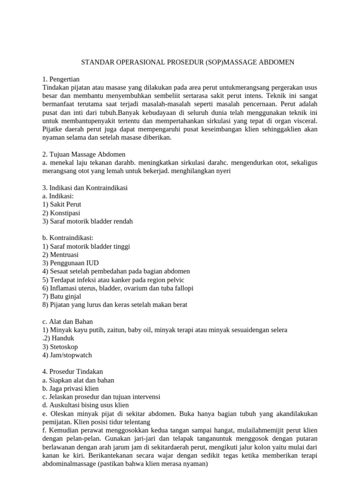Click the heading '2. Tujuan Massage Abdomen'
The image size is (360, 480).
click(x=83, y=154)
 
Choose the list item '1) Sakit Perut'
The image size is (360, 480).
click(x=61, y=204)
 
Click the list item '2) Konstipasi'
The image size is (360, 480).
click(x=61, y=213)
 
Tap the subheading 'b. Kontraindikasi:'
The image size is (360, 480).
click(x=67, y=238)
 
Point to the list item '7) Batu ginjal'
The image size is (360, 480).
click(x=62, y=296)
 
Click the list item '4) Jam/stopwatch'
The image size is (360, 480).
click(x=67, y=355)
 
